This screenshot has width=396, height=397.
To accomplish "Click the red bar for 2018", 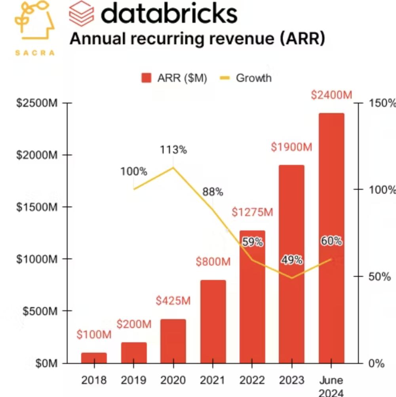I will point(94,358).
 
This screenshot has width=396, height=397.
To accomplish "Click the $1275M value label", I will point(252,212).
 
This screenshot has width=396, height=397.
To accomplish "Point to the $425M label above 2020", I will point(173,301).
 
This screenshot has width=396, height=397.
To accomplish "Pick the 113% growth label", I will point(173,150).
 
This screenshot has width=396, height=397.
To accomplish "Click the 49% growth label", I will point(292,260).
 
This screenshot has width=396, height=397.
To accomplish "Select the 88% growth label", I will point(213,192).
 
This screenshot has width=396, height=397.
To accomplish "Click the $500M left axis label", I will point(40,311).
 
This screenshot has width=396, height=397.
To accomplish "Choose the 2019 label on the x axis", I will point(133,380).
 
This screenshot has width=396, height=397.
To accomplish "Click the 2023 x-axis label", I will point(292,380).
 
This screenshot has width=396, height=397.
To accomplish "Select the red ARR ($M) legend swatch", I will point(147,78).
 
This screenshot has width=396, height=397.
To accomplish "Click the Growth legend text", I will point(253,78).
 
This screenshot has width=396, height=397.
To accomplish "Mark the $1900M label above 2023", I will point(291,147).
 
